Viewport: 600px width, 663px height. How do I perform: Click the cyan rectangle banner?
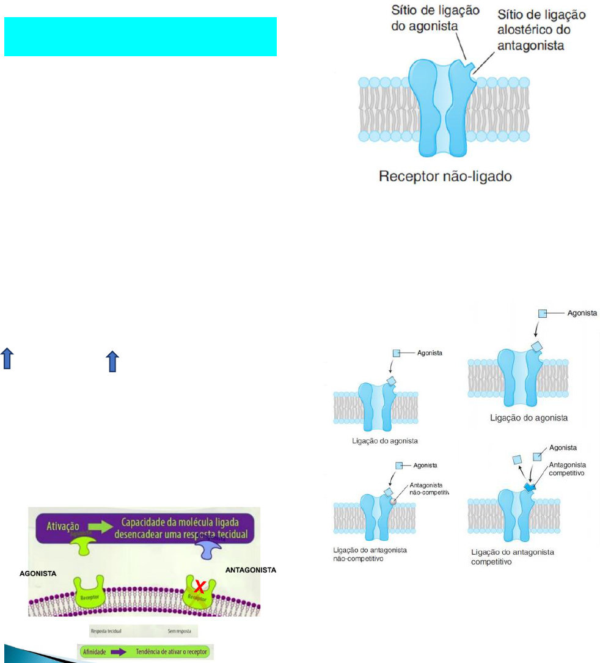pos(141,37)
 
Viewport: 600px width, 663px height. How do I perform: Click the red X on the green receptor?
pos(199,588)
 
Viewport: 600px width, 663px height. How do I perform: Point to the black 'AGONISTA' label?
pos(37,574)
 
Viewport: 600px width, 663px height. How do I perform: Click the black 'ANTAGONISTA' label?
pos(251,570)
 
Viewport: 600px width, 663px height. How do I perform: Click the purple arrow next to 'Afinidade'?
pos(130,651)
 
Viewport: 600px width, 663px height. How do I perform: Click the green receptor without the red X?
pos(89,592)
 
